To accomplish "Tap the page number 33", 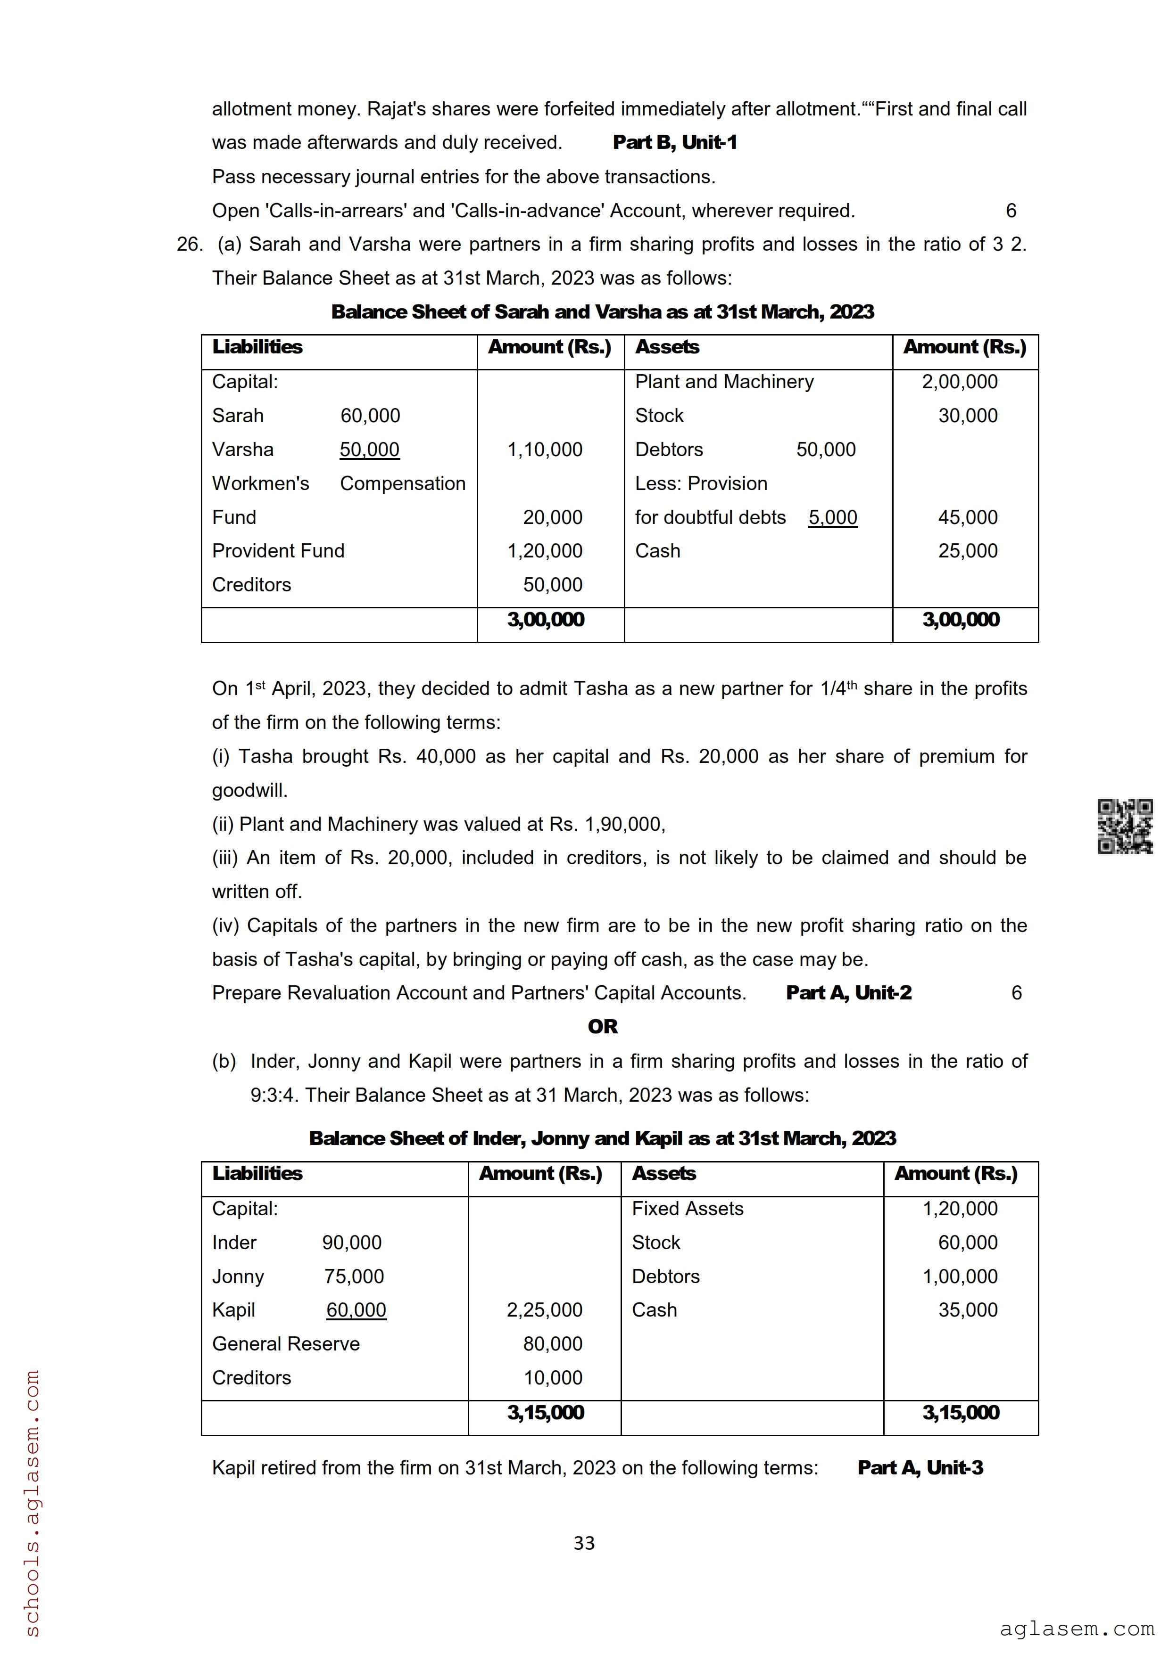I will (x=584, y=1543).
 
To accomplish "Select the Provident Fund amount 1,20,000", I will (x=545, y=551).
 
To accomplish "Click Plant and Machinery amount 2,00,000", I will (x=960, y=382).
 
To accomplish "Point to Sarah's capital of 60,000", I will (x=370, y=416).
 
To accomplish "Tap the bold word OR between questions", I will (x=603, y=1027).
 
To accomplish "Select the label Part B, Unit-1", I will (x=675, y=143).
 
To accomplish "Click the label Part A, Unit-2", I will (x=848, y=993).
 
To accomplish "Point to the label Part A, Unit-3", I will (x=920, y=1467).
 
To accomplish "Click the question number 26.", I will (x=190, y=244).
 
